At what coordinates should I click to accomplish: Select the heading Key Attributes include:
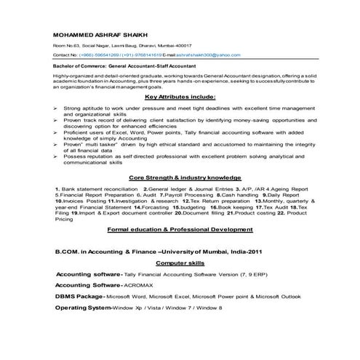(180, 97)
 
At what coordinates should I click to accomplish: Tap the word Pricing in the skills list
(64, 219)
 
